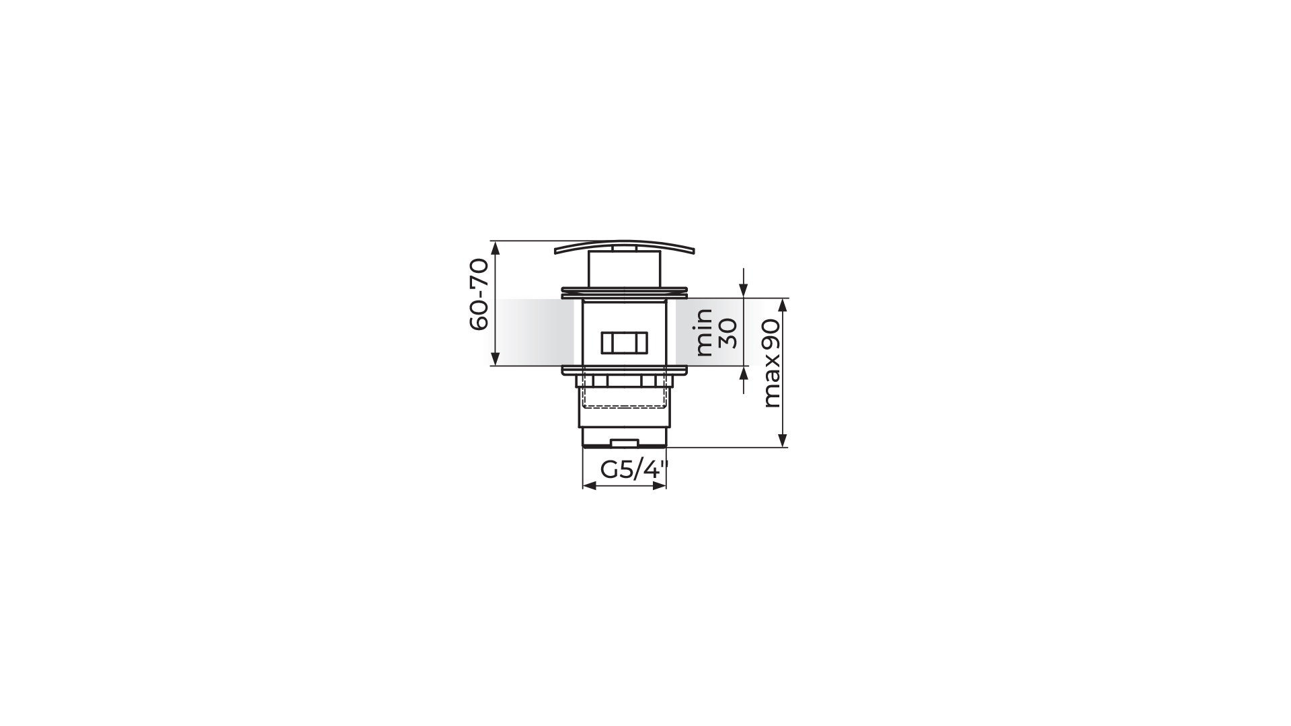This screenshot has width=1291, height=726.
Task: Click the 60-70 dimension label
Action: (x=478, y=294)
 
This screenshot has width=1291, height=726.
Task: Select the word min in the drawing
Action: (x=704, y=332)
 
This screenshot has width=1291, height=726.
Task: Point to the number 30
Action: (x=728, y=333)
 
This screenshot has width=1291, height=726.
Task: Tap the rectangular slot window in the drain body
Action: (x=624, y=342)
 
